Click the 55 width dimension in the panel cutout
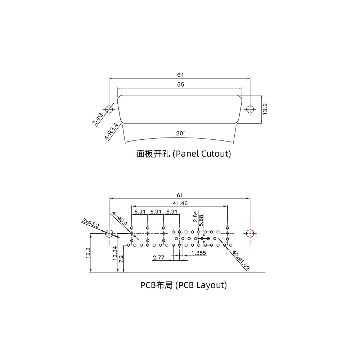tap(180, 85)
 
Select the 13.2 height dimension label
tap(265, 109)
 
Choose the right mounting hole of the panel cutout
tap(249, 109)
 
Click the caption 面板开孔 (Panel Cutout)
tap(184, 154)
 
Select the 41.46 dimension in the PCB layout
tap(180, 203)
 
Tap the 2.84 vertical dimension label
tap(195, 216)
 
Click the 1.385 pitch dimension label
tap(199, 253)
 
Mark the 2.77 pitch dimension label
tap(159, 258)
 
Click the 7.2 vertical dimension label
tap(121, 258)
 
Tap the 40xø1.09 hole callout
tap(241, 261)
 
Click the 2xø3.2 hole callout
tap(90, 223)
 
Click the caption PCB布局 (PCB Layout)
tap(184, 285)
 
